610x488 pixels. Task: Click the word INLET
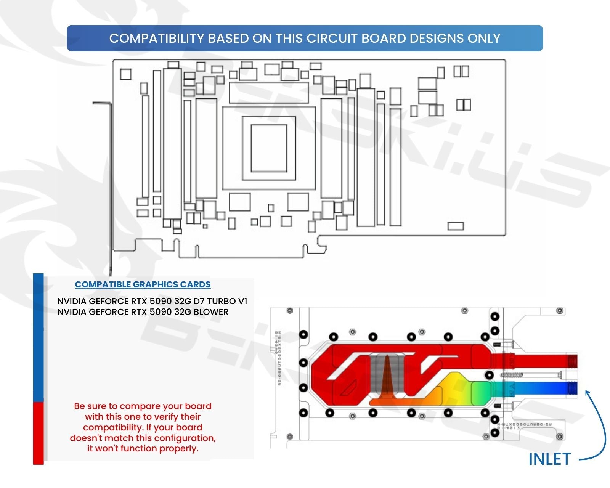tap(549, 459)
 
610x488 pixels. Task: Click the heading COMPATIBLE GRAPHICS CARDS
tap(143, 284)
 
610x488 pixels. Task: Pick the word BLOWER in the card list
tap(211, 312)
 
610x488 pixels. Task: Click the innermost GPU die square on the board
tap(269, 148)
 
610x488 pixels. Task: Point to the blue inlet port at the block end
tap(572, 389)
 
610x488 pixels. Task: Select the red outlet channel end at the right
tap(572, 360)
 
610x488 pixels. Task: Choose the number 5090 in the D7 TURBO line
tap(161, 301)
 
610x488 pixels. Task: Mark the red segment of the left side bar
tap(38, 433)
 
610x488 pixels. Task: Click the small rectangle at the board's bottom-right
tap(455, 226)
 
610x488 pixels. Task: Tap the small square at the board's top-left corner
tap(125, 74)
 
